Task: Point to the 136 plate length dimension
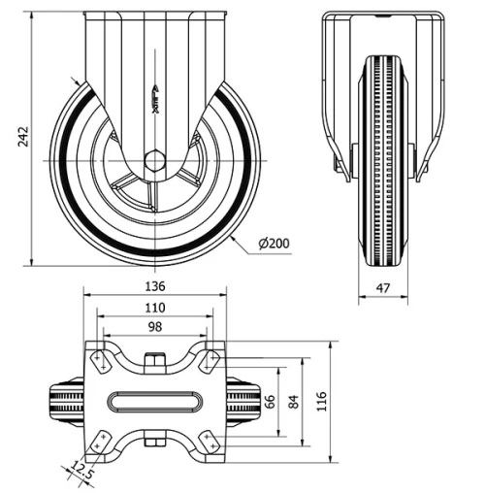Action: [x=155, y=285]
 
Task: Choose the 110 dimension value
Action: [x=155, y=308]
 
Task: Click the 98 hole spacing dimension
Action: [x=155, y=327]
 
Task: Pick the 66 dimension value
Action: [x=271, y=400]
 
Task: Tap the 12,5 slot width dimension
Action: [x=81, y=473]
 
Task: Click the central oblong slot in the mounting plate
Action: [x=155, y=401]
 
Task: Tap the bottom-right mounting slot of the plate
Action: [x=210, y=443]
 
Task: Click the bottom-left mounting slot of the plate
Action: [x=99, y=443]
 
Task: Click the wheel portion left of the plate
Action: [x=66, y=401]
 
